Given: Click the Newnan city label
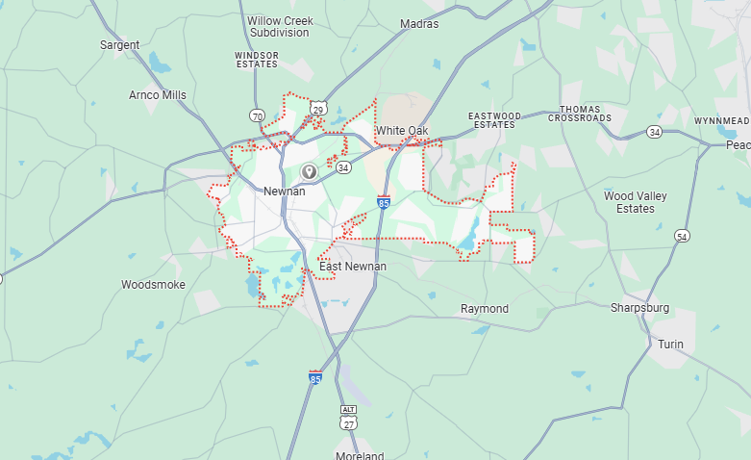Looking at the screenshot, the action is pyautogui.click(x=284, y=192).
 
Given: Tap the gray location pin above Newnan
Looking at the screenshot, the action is pyautogui.click(x=309, y=171).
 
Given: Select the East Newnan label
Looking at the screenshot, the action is pyautogui.click(x=353, y=266).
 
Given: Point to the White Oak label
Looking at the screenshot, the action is pyautogui.click(x=402, y=131).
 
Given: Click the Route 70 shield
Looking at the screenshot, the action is pyautogui.click(x=257, y=115).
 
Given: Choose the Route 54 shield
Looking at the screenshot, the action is pyautogui.click(x=682, y=236).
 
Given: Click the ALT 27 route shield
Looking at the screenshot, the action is pyautogui.click(x=348, y=417).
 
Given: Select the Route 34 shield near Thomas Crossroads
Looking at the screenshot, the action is pyautogui.click(x=654, y=131).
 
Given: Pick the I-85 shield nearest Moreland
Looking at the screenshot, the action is pyautogui.click(x=315, y=378).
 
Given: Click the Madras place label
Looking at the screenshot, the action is pyautogui.click(x=419, y=24).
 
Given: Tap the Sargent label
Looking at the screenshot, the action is pyautogui.click(x=120, y=45).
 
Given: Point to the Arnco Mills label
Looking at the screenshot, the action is pyautogui.click(x=158, y=95).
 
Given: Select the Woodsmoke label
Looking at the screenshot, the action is pyautogui.click(x=153, y=285).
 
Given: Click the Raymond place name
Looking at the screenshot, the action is pyautogui.click(x=485, y=309).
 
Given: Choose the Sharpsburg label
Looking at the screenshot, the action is pyautogui.click(x=639, y=309).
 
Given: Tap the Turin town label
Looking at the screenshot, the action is pyautogui.click(x=670, y=344).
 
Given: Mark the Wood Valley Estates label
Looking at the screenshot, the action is pyautogui.click(x=636, y=202).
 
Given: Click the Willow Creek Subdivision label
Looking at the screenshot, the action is pyautogui.click(x=280, y=26).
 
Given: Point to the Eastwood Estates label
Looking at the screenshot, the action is pyautogui.click(x=494, y=120).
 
